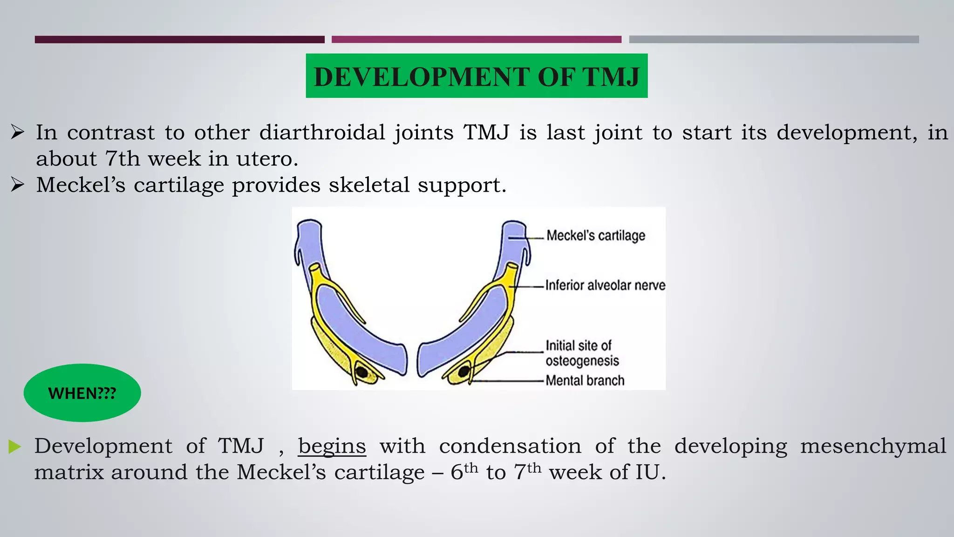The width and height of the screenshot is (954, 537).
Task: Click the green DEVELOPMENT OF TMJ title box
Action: (477, 76)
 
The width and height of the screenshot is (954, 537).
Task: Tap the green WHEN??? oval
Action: (82, 393)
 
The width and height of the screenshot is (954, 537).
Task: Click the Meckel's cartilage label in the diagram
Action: (596, 235)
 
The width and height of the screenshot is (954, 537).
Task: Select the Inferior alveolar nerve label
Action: (605, 285)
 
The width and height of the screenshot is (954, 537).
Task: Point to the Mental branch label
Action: (585, 380)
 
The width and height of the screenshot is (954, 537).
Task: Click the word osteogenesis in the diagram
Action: (582, 361)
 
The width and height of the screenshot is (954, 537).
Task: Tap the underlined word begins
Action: (332, 446)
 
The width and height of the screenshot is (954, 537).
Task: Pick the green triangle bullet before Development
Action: (14, 447)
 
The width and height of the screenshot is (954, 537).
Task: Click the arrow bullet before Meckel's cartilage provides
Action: (18, 185)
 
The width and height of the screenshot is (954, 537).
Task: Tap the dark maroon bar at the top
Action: (179, 40)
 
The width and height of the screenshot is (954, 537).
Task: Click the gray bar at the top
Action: (774, 40)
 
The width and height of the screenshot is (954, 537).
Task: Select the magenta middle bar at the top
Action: (476, 40)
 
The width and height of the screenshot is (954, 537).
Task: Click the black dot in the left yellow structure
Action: (361, 372)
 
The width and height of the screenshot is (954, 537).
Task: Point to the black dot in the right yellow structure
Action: (464, 372)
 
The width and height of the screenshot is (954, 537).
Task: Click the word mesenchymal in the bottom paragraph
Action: (873, 446)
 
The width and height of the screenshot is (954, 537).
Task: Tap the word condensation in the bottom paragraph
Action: (510, 446)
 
